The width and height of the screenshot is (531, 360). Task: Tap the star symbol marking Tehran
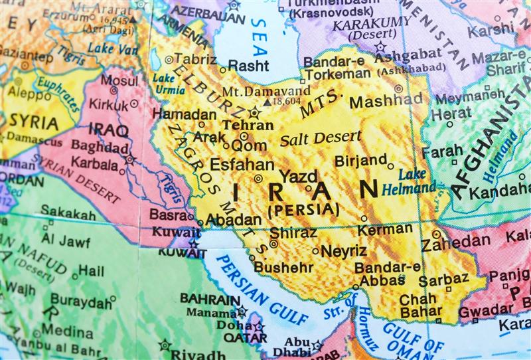[x=254, y=112]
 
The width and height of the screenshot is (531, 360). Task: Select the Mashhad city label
[x=386, y=102]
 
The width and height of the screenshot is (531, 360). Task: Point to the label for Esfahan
[x=242, y=164]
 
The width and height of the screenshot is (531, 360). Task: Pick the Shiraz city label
[x=293, y=232]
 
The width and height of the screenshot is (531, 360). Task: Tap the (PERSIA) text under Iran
[x=303, y=209]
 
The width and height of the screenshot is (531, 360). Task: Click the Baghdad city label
[x=100, y=145]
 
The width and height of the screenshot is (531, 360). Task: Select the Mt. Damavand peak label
[x=265, y=91]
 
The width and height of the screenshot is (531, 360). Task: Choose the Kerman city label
[x=385, y=229]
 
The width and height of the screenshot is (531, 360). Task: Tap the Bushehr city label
[x=283, y=267]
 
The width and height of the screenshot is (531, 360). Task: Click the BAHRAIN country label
[x=210, y=299]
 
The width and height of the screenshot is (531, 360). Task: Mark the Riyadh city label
[x=198, y=354]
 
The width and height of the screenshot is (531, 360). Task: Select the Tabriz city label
[x=194, y=59]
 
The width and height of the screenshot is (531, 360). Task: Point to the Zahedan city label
[x=455, y=243]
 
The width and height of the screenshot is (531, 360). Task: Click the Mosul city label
[x=119, y=80]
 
